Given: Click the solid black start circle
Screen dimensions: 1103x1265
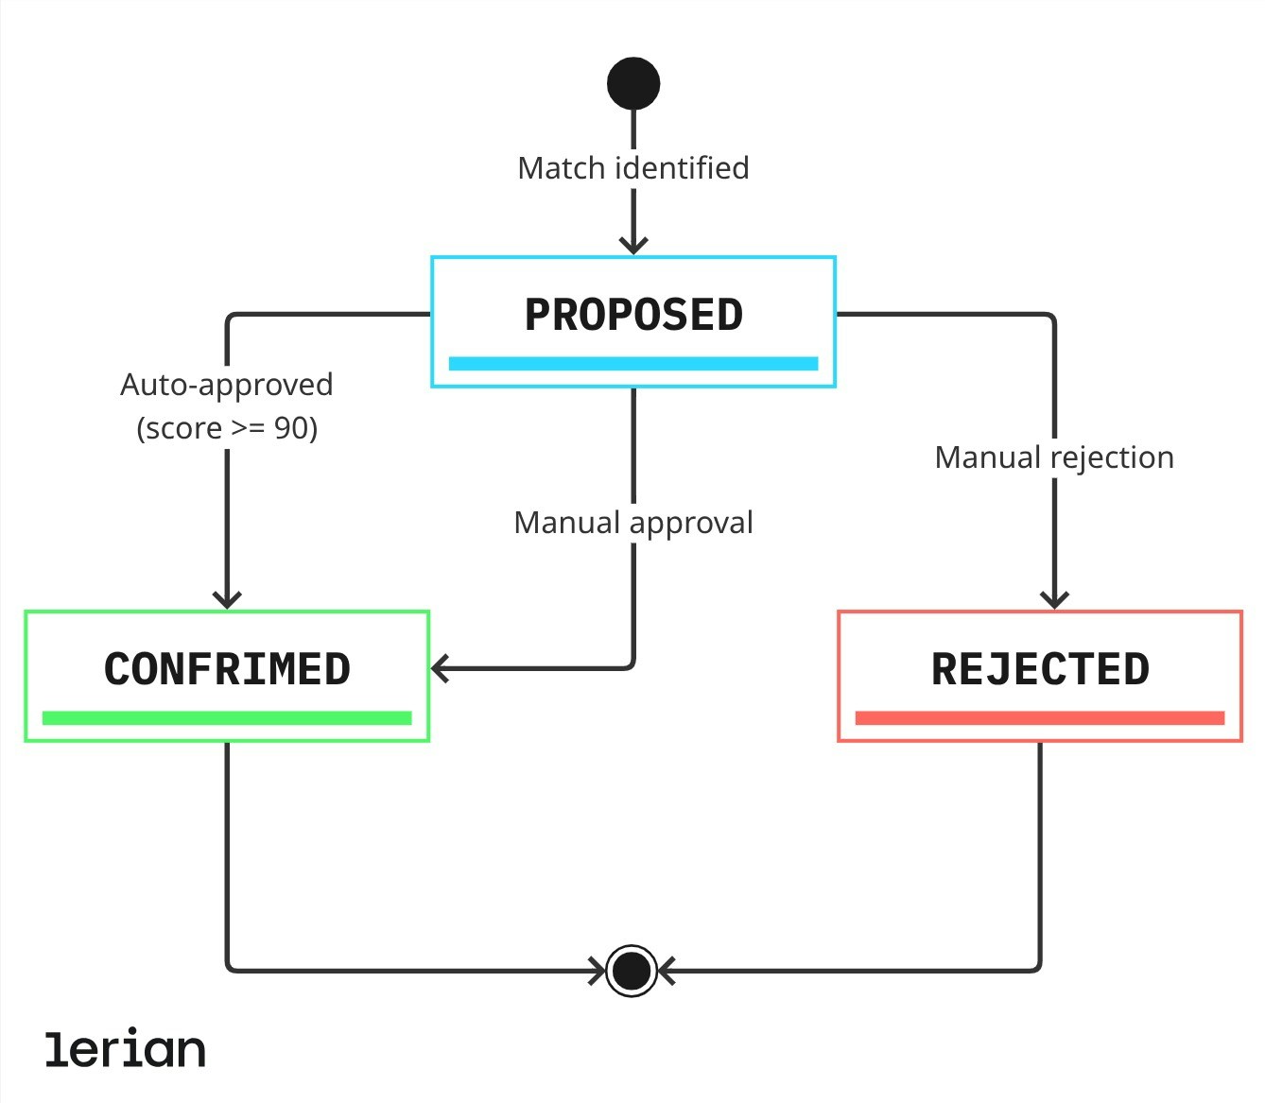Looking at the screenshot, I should pos(633,84).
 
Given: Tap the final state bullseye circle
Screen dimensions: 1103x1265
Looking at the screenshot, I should pos(632,971).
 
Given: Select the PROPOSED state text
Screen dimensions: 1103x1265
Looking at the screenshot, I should pos(633,315).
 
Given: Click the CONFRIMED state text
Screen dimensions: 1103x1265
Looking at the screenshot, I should pos(227,669).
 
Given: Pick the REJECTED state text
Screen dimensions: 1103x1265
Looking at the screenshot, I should pos(1040,669).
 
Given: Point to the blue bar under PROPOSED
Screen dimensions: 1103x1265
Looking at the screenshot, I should pos(633,364).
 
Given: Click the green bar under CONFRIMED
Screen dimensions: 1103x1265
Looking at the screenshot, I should pos(227,718).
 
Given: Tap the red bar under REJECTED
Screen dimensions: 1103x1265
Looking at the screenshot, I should pos(1040,718).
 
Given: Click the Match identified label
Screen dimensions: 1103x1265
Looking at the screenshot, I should pos(633,168).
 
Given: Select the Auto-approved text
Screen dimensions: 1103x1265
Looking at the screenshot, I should pos(227,385).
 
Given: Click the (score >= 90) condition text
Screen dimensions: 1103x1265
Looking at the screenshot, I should pos(227,428).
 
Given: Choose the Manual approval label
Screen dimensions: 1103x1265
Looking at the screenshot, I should pos(633,523).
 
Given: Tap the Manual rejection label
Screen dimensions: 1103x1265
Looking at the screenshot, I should pos(1054,457).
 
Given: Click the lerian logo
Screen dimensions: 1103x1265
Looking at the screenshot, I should pos(126,1049).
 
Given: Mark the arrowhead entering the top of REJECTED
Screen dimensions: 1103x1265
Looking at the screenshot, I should pos(1054,600).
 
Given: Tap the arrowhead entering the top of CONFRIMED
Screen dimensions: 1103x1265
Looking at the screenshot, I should pos(227,600).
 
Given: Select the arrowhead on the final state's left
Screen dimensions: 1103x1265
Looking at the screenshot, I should pos(598,971).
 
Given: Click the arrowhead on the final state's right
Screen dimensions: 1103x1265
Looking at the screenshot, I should pos(667,971).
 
